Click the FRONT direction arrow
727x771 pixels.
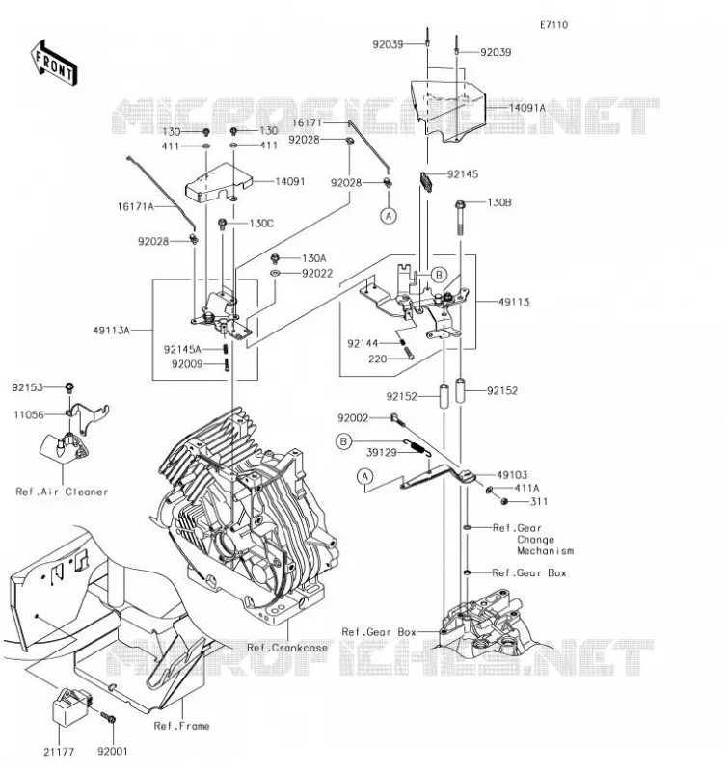pos(54,64)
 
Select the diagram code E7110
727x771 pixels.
pos(553,25)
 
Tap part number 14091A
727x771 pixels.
pos(526,108)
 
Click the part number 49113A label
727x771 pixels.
pos(111,331)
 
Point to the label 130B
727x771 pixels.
pos(499,202)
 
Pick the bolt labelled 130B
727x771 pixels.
pos(460,218)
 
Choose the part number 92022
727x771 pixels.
pos(317,274)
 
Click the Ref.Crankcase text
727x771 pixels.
pos(287,648)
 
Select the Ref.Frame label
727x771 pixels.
pos(181,726)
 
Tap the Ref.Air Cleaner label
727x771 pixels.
pos(62,492)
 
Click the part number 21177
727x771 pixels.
pos(59,752)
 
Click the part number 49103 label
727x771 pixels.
pos(512,475)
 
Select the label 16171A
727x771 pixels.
pos(135,206)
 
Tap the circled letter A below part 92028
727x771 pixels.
pos(389,216)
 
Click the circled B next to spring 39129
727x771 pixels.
pos(343,441)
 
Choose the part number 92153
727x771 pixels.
pos(28,387)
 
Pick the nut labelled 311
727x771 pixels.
pos(503,501)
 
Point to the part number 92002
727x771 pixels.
pos(353,418)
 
